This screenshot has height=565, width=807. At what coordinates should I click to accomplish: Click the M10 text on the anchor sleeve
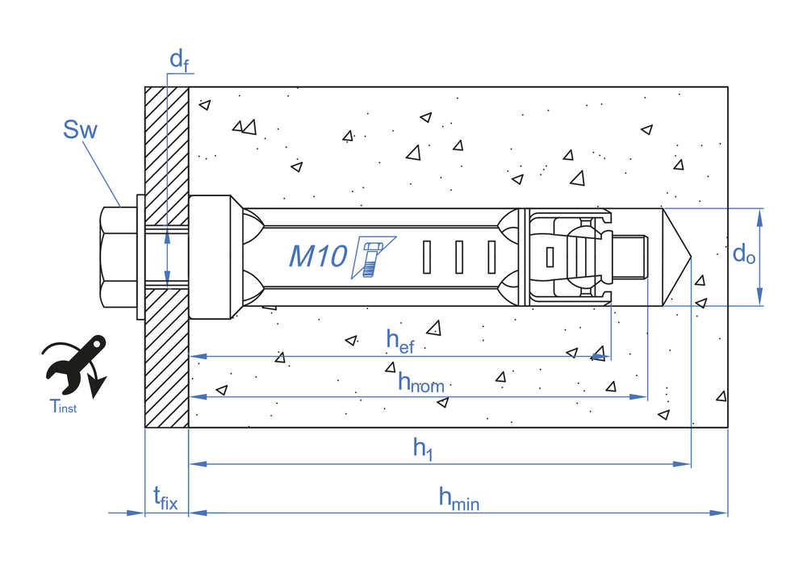click(318, 256)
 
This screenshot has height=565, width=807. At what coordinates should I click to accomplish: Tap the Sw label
click(80, 129)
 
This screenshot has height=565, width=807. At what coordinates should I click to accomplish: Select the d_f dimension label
click(178, 60)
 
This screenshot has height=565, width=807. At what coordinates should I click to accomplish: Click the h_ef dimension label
click(400, 340)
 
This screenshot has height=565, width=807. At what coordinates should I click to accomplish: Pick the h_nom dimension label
click(420, 382)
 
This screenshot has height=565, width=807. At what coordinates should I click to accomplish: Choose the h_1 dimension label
click(423, 449)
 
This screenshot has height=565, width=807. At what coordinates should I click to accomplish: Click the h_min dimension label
click(458, 499)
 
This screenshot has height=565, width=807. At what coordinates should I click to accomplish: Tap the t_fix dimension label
click(165, 499)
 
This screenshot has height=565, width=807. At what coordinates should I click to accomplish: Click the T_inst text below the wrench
click(63, 408)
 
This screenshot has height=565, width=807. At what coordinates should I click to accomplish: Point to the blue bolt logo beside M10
click(372, 257)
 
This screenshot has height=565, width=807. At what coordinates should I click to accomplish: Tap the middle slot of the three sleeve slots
click(458, 257)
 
